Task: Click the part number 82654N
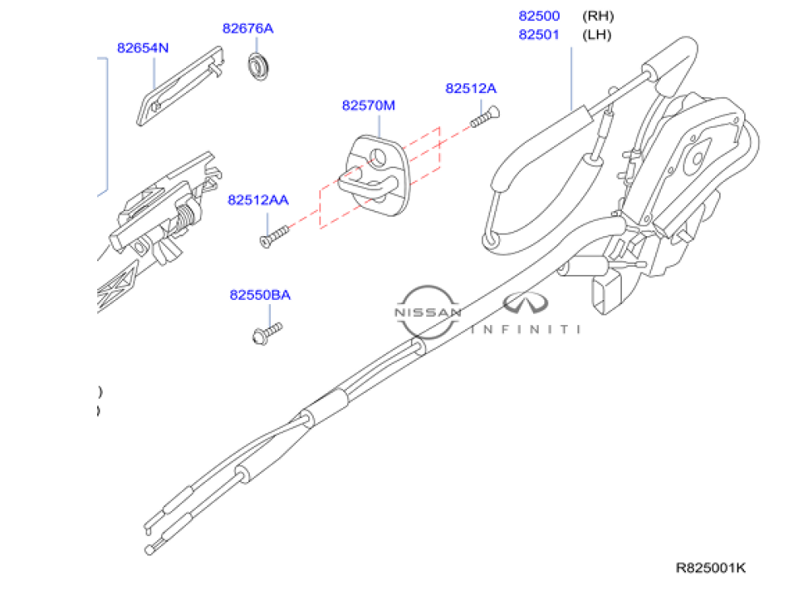[142, 48]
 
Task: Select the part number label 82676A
[247, 29]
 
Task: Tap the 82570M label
[368, 106]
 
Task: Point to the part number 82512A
[471, 88]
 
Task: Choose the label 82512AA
[258, 200]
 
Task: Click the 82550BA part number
[260, 296]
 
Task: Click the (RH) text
[598, 15]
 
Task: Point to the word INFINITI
[526, 329]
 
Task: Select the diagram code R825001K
[711, 568]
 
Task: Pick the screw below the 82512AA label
[273, 235]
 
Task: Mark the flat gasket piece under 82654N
[181, 86]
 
